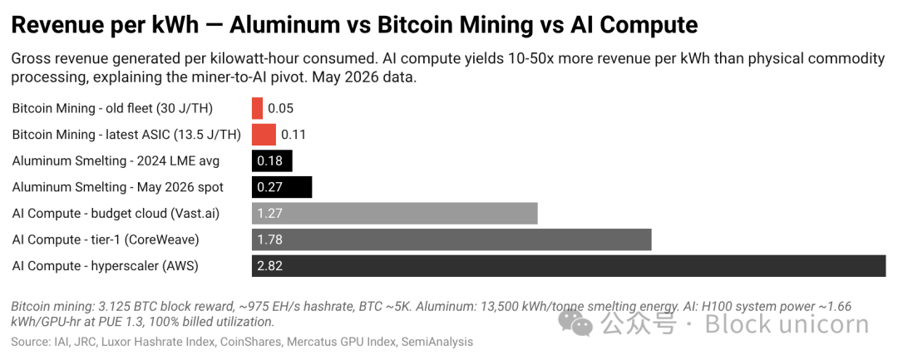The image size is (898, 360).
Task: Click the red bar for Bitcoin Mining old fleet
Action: (257, 108)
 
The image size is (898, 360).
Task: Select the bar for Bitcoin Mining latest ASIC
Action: (264, 135)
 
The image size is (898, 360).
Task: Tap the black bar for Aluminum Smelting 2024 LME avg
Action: (272, 160)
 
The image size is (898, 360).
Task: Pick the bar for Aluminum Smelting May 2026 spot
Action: (282, 187)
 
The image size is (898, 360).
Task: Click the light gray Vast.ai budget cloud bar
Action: (395, 214)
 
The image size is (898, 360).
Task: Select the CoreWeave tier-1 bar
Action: (451, 239)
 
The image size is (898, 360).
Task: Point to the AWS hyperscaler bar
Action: (569, 266)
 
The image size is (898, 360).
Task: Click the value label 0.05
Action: (281, 109)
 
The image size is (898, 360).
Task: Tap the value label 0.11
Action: (294, 135)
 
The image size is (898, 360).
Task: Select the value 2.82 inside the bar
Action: (269, 266)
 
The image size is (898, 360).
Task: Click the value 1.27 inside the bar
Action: (269, 214)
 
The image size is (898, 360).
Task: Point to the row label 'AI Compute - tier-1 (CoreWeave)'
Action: (106, 239)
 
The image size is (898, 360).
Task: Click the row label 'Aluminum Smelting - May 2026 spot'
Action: (118, 187)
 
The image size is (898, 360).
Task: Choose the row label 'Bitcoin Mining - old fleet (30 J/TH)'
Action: (113, 108)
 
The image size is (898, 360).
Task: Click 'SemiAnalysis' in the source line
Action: (437, 343)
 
